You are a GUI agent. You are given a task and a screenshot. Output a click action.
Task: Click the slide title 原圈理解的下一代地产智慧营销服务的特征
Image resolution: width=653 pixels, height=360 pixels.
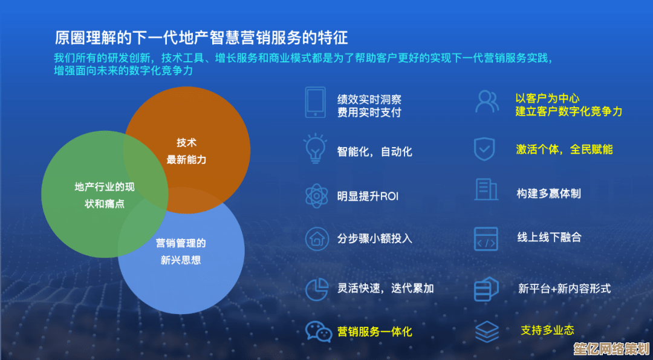(201, 38)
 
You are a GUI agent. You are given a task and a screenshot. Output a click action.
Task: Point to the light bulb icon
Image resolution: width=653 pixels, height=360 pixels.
(315, 148)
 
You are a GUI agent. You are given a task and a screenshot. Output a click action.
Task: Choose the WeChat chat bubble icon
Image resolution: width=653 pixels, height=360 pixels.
(317, 332)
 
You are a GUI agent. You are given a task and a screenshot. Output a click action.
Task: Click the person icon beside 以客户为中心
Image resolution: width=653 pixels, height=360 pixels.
(487, 101)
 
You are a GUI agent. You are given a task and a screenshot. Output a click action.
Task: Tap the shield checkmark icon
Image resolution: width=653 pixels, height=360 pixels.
(484, 149)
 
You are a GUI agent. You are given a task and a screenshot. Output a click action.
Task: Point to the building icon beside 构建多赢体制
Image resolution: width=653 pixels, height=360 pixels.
(486, 190)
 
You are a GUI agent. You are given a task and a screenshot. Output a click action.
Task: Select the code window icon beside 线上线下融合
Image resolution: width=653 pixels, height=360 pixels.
(486, 239)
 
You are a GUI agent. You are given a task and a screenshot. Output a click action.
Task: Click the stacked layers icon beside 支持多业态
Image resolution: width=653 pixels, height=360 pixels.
(486, 332)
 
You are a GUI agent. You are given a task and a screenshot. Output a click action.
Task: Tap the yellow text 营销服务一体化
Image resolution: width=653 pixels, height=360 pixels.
(375, 332)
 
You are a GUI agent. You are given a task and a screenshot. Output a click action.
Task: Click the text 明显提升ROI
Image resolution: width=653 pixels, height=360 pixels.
(368, 196)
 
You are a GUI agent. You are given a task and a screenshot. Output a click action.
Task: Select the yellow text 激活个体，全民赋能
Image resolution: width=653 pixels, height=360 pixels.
(564, 149)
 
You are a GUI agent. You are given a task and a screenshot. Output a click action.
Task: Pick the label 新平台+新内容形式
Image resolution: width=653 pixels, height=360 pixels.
(564, 289)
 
